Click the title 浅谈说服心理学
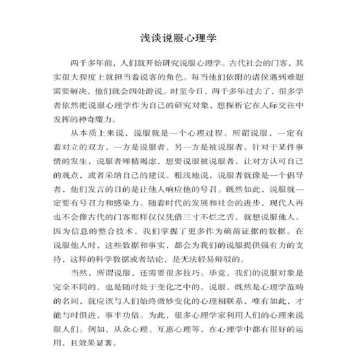(x=179, y=35)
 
